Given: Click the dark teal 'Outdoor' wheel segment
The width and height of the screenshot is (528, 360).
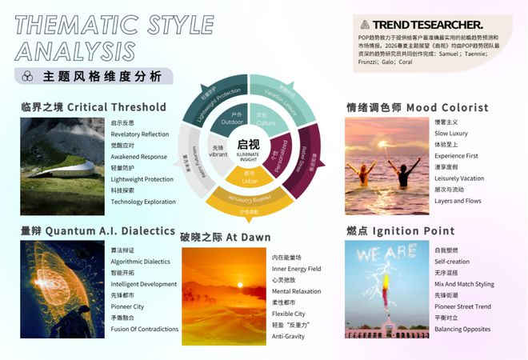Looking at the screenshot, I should pyautogui.click(x=231, y=120).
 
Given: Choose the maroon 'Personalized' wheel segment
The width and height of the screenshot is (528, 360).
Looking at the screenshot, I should pyautogui.click(x=277, y=150).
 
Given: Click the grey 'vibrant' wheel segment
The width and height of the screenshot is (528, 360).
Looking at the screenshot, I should pyautogui.click(x=220, y=150).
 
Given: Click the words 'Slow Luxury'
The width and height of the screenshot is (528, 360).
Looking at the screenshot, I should pyautogui.click(x=453, y=133).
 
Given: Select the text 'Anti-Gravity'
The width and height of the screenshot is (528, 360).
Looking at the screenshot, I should pyautogui.click(x=288, y=336).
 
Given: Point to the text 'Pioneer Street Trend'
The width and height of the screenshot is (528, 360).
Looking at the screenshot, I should pyautogui.click(x=463, y=306).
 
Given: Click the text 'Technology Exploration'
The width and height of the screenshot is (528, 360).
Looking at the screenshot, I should pyautogui.click(x=143, y=202).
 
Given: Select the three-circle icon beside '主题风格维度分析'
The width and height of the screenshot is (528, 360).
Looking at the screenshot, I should pyautogui.click(x=27, y=77).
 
